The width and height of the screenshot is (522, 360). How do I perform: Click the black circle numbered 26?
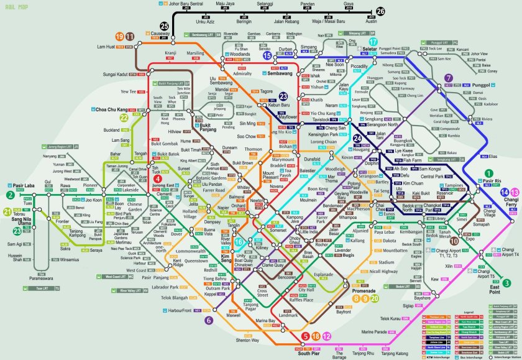380,11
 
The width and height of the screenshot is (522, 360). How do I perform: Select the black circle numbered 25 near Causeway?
164,26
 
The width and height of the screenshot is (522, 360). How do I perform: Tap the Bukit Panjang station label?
209,127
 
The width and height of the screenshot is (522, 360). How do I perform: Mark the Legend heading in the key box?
467,312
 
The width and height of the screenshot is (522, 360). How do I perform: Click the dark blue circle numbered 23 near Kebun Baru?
283,96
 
